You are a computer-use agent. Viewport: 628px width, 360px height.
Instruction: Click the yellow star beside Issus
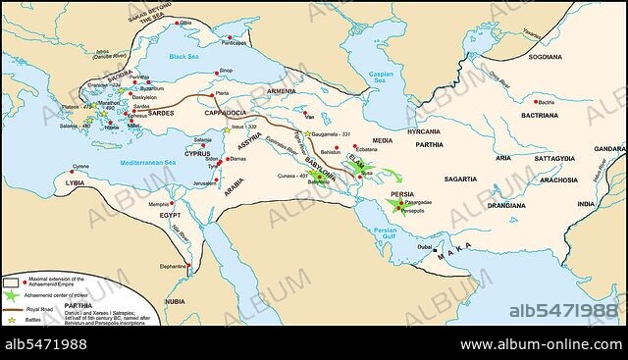pos(227,129)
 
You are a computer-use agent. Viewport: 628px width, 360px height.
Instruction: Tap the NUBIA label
pos(175,301)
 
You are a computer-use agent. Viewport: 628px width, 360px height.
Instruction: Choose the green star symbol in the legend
pos(11,294)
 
